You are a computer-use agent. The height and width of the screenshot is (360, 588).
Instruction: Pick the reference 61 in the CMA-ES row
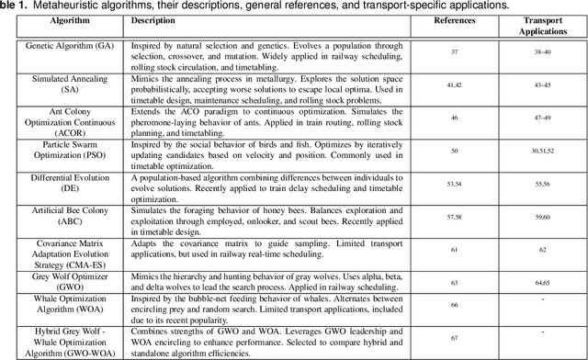tap(454, 249)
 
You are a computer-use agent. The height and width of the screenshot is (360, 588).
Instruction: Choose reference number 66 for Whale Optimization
tap(454, 304)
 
